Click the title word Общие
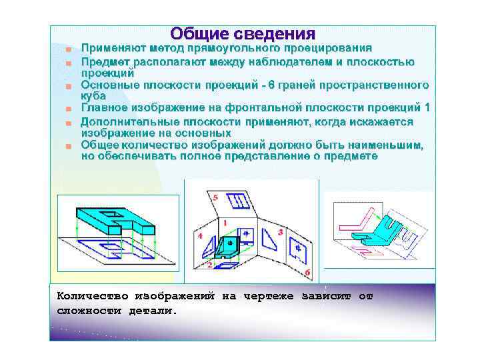click(198, 33)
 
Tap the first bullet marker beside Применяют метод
click(69, 49)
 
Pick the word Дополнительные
click(130, 122)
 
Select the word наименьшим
click(384, 145)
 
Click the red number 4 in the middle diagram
click(201, 236)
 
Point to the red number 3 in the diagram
click(280, 232)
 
